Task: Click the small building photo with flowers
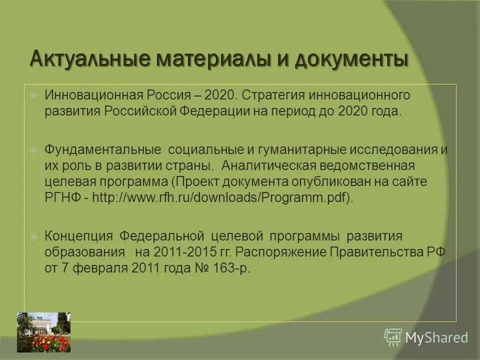pos(43,332)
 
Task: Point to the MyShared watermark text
pos(436,337)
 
